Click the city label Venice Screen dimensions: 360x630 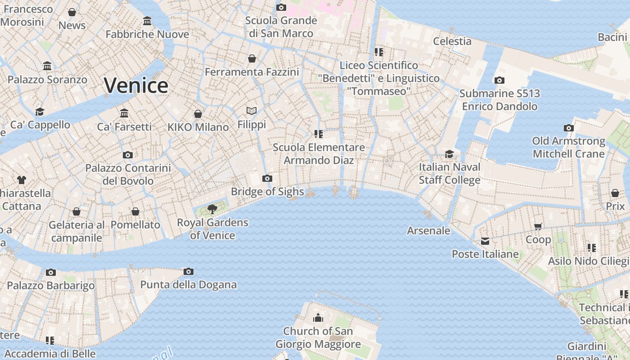point(136,85)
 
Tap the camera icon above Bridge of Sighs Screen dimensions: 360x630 point(267,178)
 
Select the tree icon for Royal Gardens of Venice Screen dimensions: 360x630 point(212,209)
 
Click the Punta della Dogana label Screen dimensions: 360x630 point(188,284)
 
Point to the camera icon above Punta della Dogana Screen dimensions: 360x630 point(189,271)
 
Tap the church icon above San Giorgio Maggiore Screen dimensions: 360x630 point(318,318)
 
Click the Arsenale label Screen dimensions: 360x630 point(428,230)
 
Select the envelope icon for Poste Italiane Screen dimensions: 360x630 point(485,241)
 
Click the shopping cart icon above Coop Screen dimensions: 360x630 point(538,226)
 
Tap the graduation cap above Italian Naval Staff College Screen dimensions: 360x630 point(449,154)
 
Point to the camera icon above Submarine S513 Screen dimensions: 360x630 point(499,81)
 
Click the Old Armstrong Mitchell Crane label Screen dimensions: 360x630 point(569,147)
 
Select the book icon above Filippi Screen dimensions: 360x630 point(252,111)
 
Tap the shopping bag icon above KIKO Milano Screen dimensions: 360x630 point(198,114)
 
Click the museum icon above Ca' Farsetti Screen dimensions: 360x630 point(124,113)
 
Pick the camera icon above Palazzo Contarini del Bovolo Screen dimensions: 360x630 point(128,155)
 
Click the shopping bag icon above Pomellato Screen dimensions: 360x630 point(135,211)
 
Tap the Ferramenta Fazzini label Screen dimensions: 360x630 point(252,72)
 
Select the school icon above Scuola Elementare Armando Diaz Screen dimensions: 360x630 point(319,134)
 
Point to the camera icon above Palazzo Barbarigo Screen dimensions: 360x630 point(51,272)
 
